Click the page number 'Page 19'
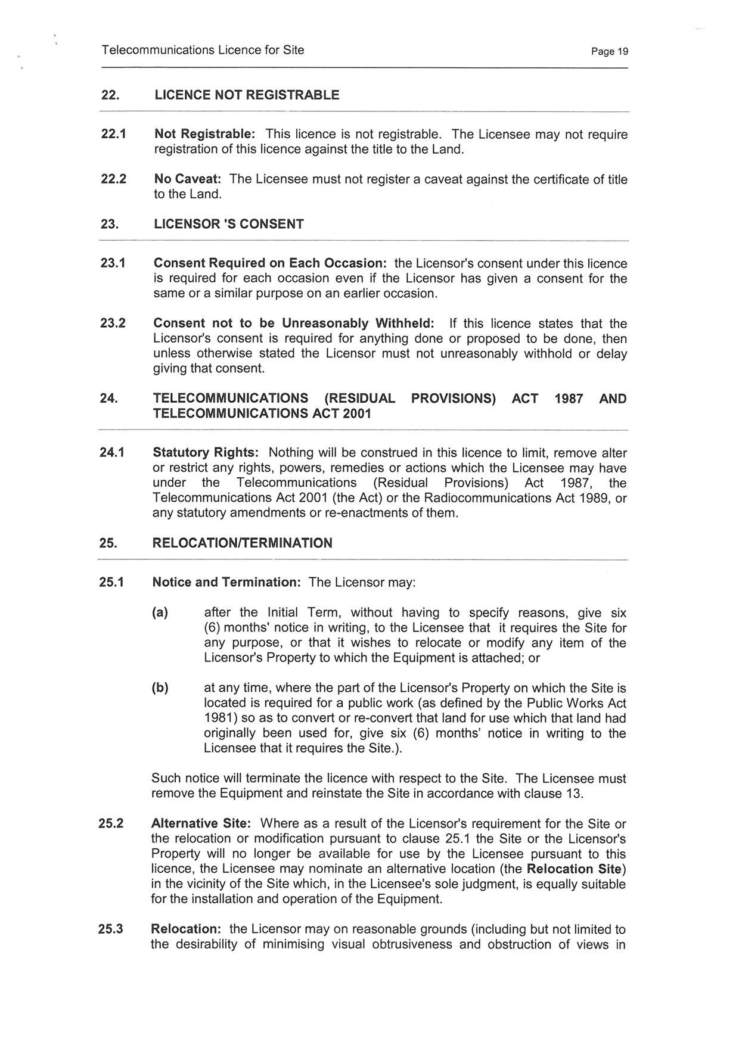[x=609, y=51]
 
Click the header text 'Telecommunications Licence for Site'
[x=203, y=50]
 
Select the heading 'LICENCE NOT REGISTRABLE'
[x=247, y=95]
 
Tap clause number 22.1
[x=113, y=135]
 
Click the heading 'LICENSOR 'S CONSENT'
[x=229, y=225]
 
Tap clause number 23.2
[x=113, y=324]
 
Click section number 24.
[x=108, y=399]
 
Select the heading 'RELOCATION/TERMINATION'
[x=243, y=543]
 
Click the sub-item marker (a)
[x=160, y=612]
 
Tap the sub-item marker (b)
[x=160, y=688]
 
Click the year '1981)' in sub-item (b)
[x=221, y=719]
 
